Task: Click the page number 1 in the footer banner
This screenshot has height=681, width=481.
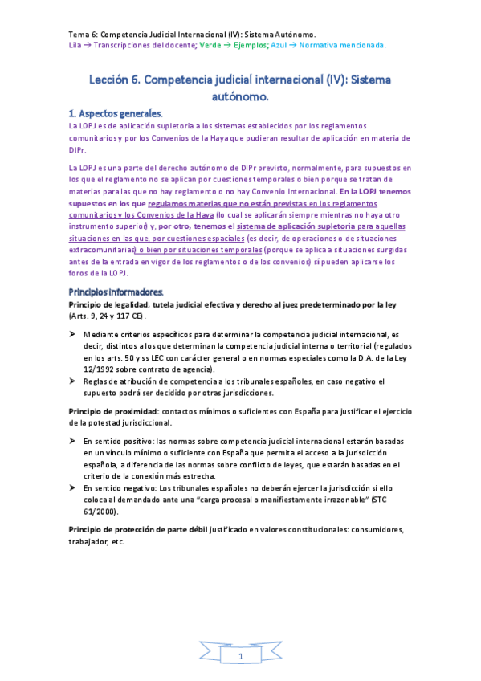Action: (240, 656)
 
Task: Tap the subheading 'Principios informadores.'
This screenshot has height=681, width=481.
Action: (116, 292)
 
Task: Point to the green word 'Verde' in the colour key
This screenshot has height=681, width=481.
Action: (211, 45)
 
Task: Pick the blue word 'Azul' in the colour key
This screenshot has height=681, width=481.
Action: (283, 45)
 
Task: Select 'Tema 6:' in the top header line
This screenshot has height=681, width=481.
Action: (80, 35)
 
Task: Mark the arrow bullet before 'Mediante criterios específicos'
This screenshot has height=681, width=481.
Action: (72, 333)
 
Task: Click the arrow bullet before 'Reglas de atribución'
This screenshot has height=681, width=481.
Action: (72, 381)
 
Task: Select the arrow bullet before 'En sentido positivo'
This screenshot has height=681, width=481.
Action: (72, 442)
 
